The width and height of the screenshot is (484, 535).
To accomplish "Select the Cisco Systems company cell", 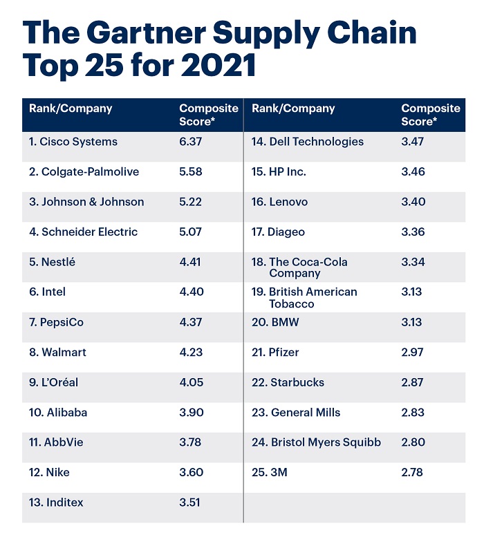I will click(73, 142).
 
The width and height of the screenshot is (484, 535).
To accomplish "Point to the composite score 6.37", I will click(191, 142).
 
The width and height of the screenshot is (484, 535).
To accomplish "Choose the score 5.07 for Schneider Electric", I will click(191, 232).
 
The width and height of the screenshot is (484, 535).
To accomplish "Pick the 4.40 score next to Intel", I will click(192, 292).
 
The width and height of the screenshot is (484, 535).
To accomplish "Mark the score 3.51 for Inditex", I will click(190, 503).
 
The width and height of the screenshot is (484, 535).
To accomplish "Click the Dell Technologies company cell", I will click(307, 142).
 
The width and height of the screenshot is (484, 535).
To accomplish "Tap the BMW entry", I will click(275, 322).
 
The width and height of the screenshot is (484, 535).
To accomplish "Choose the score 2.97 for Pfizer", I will click(413, 353).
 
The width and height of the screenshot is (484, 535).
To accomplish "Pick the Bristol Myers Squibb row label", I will click(316, 442).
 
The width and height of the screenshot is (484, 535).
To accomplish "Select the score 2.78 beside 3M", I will click(413, 473).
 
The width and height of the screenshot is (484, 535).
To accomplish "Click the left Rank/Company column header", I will click(71, 109).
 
